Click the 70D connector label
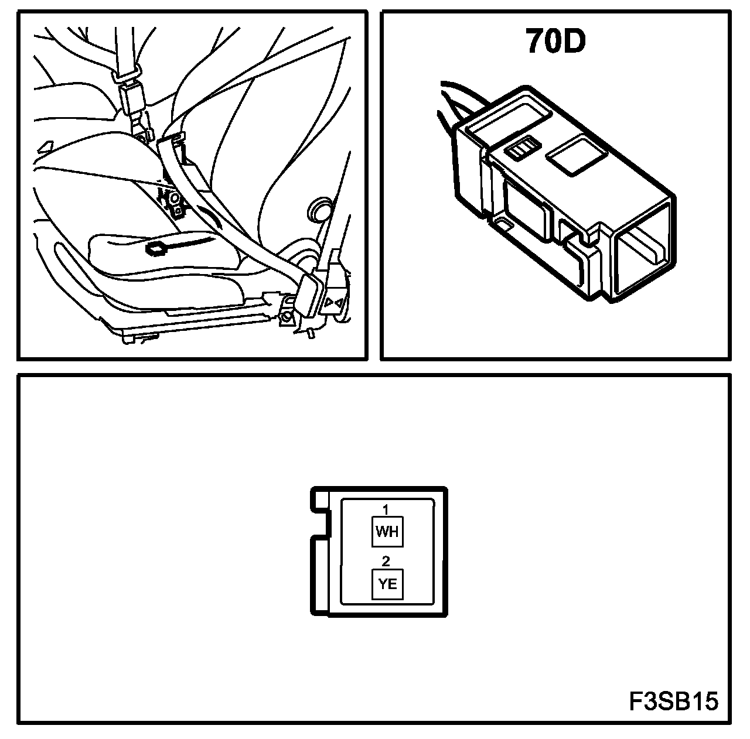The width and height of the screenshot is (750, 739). pos(555,41)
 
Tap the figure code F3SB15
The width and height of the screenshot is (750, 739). pos(674,701)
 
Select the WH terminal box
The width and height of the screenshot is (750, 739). pos(387,532)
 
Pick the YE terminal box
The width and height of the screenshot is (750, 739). pos(388,584)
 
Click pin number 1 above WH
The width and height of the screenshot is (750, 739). pos(386,509)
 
